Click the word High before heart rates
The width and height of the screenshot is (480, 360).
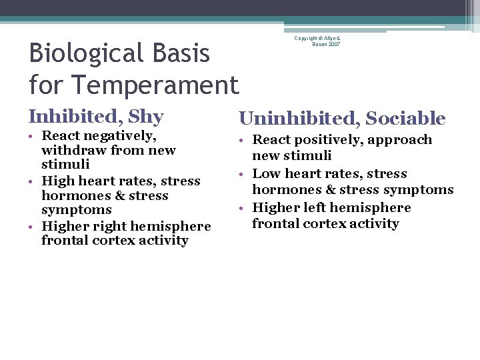pos(57,181)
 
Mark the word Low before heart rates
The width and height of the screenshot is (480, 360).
pos(267,174)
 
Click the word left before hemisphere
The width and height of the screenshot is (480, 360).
pos(313,208)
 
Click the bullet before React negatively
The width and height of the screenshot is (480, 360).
pos(32,137)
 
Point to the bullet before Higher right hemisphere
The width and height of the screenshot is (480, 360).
pos(32,227)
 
